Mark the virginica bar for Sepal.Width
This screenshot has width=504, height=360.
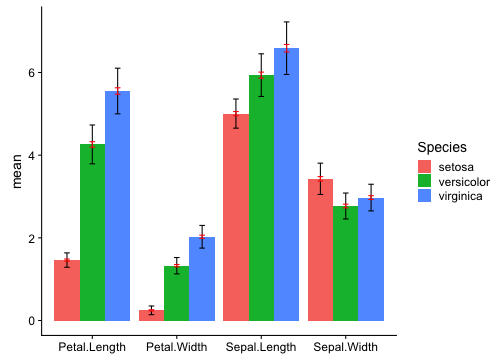[x=371, y=259]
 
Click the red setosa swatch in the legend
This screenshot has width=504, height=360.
[x=426, y=166]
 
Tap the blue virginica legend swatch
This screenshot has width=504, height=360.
[x=426, y=197]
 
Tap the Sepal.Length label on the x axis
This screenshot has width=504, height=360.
[x=262, y=347]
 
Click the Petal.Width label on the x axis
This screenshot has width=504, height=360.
[x=177, y=347]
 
